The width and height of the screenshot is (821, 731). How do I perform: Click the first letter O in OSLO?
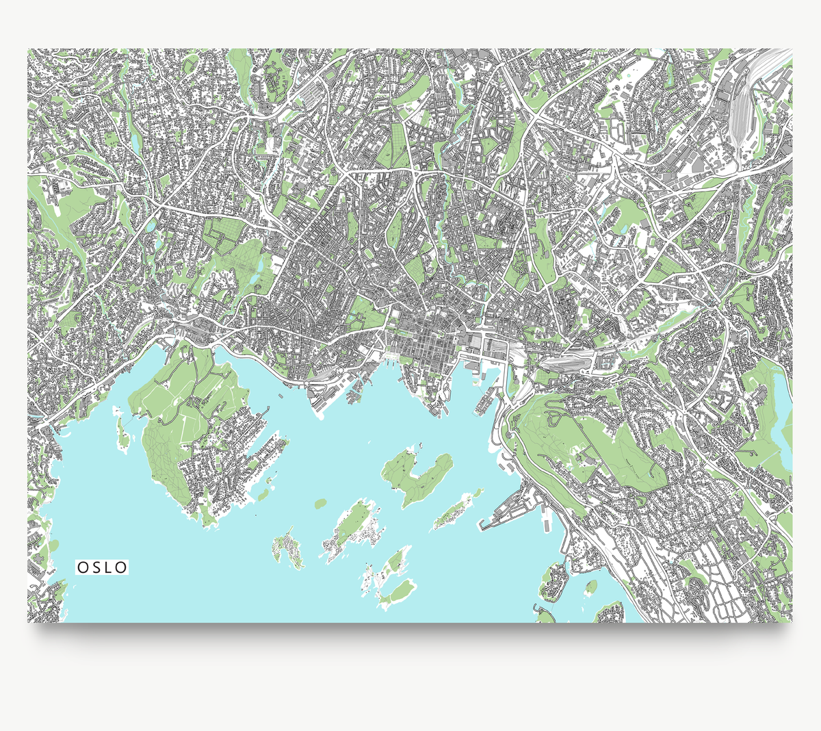coord(82,567)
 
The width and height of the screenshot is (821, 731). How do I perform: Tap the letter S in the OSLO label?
coord(96,567)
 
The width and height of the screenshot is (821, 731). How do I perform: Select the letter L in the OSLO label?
coord(109,567)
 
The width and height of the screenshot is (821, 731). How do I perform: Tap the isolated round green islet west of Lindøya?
coord(320,504)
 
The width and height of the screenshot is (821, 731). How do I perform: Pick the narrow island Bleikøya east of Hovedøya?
coord(455,511)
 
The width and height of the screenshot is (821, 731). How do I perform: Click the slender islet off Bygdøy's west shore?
coord(122,433)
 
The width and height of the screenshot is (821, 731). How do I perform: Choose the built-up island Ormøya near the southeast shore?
coord(553,583)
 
